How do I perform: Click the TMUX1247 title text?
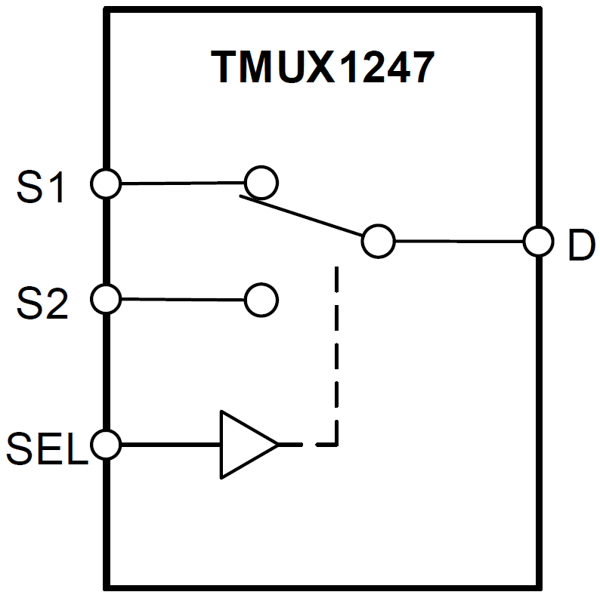click(x=323, y=67)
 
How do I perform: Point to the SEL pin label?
click(x=45, y=449)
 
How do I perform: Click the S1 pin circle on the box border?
click(x=105, y=183)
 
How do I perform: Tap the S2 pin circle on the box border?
click(x=105, y=300)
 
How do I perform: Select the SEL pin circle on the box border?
click(x=105, y=444)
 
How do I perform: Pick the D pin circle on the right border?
click(x=540, y=242)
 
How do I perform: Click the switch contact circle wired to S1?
click(x=261, y=182)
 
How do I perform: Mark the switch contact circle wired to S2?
click(x=261, y=300)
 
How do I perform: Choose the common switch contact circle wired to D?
click(x=378, y=242)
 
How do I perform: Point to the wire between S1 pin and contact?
click(x=182, y=183)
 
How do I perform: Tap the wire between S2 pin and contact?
click(x=182, y=300)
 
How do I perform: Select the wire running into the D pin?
click(x=459, y=242)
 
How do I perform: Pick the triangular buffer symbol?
click(x=243, y=445)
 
